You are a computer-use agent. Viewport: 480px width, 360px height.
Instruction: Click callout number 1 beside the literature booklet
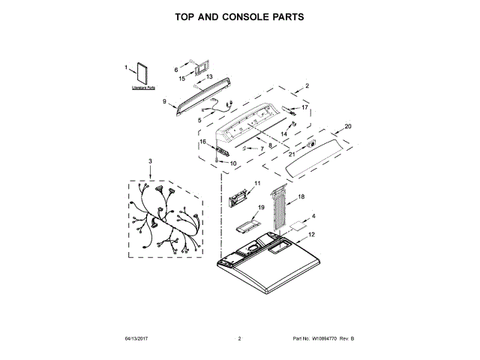(x=125, y=68)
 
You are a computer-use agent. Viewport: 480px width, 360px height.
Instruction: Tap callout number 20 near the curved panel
(x=347, y=126)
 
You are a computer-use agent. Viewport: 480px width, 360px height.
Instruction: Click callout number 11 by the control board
(x=256, y=184)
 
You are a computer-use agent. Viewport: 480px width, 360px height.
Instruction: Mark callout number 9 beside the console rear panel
(x=163, y=101)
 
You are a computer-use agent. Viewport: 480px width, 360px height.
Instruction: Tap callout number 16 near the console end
(x=202, y=142)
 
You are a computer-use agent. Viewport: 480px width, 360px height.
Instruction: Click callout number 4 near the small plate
(x=313, y=217)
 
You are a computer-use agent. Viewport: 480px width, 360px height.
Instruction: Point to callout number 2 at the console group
(x=306, y=86)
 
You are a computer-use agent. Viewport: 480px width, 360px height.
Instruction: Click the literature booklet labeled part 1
(x=141, y=75)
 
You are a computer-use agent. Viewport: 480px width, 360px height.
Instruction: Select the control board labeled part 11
(x=239, y=199)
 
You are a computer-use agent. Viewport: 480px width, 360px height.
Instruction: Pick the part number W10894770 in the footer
(x=324, y=340)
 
